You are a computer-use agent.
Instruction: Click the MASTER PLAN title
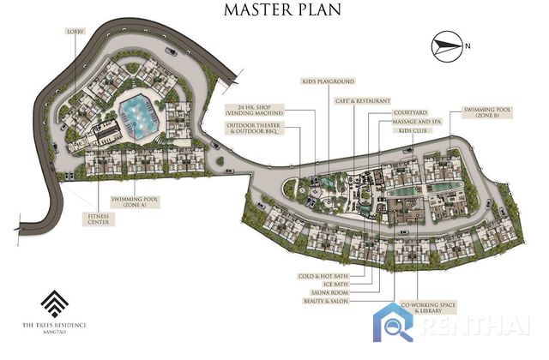point(282,10)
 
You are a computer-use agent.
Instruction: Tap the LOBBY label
point(75,32)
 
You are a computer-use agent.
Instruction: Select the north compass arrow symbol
point(445,46)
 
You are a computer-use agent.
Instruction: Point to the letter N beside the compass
point(468,45)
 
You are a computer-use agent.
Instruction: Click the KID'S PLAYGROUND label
point(328,81)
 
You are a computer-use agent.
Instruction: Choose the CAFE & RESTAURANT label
point(362,101)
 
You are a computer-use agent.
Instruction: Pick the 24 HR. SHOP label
point(254,110)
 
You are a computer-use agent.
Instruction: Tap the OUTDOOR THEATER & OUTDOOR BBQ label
point(254,128)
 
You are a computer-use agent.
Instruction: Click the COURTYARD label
point(410,112)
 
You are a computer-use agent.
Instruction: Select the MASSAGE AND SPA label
point(416,122)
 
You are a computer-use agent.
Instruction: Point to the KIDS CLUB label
point(412,131)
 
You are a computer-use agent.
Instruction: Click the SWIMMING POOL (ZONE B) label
point(487,112)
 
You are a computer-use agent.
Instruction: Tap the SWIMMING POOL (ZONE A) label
point(135,202)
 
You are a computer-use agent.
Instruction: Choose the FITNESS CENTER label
point(99,219)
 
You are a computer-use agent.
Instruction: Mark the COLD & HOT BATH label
point(323,276)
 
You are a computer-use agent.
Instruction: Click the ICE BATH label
point(335,285)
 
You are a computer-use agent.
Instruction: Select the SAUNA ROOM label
point(329,293)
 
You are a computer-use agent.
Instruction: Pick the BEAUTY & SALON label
point(326,301)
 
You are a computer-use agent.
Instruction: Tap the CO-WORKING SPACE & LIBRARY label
point(428,308)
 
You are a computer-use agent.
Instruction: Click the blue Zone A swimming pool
point(139,115)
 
